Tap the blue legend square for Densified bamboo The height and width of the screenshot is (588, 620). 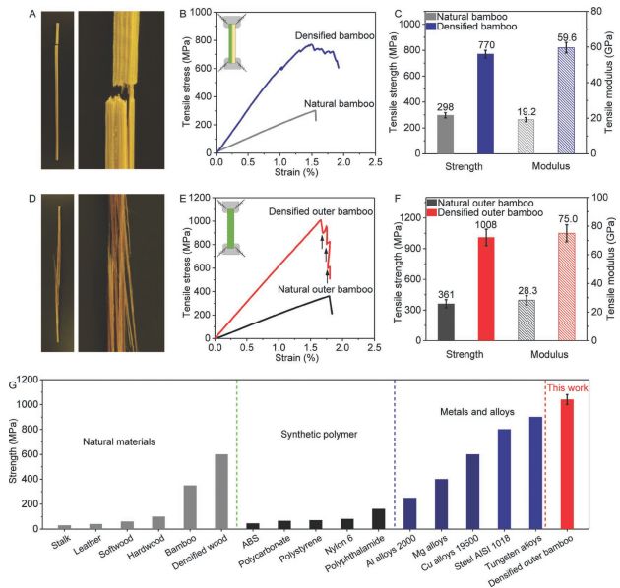tap(440, 26)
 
